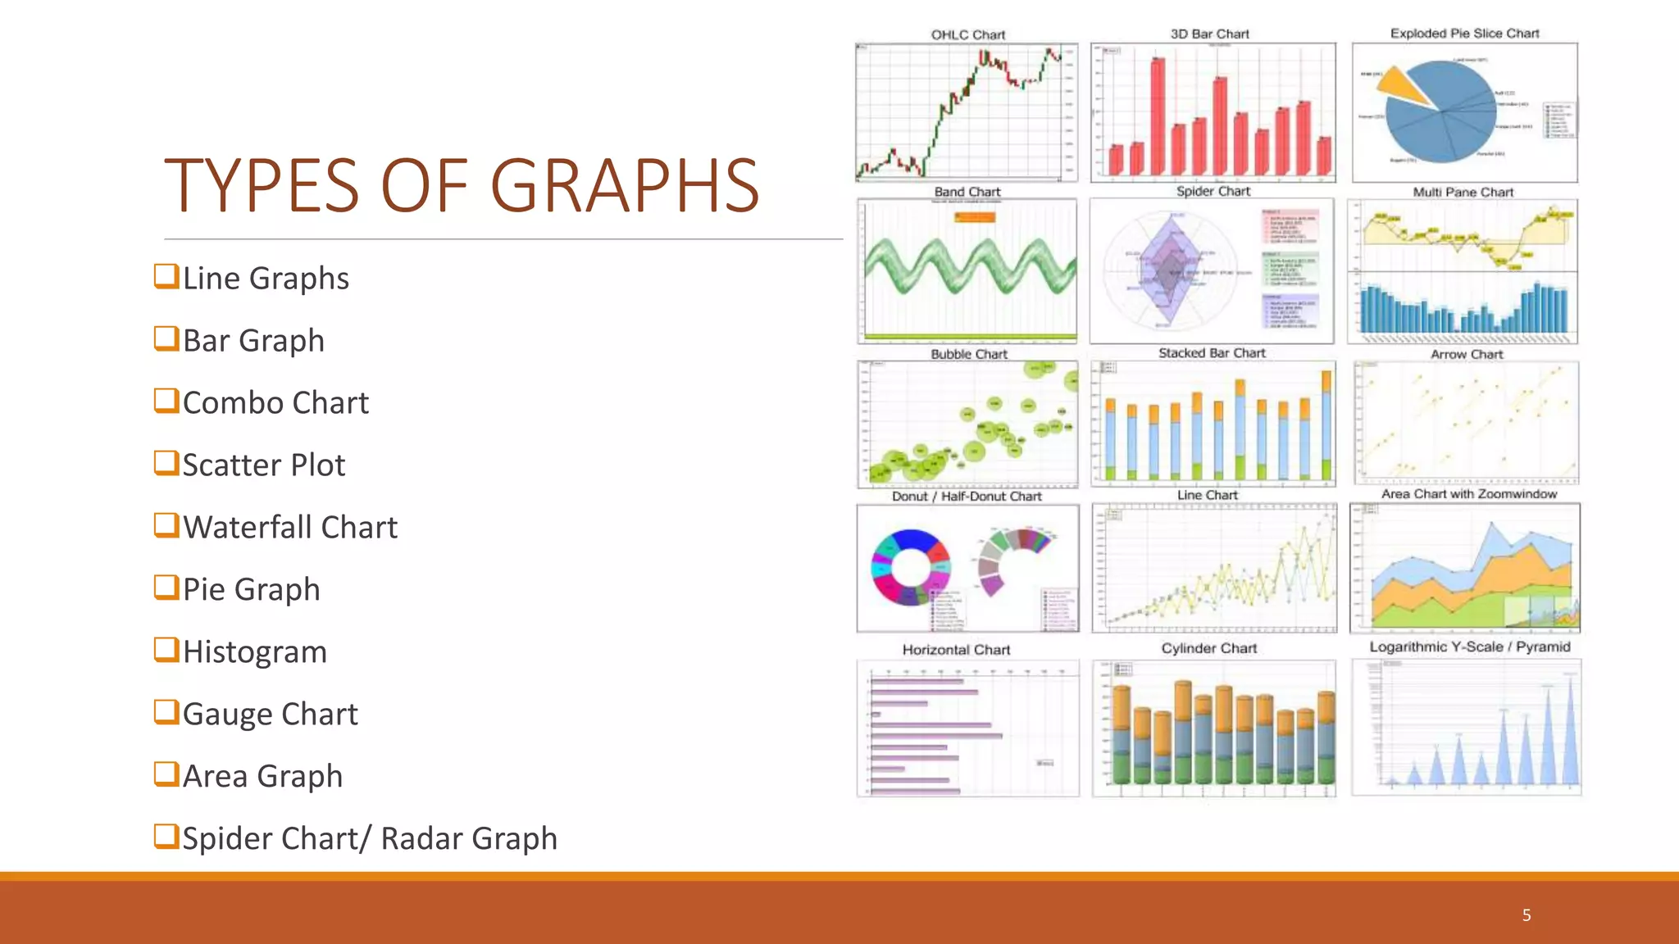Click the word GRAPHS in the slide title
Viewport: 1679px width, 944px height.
click(625, 186)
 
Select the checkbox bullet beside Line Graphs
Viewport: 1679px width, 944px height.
click(166, 276)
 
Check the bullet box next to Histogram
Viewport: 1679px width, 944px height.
click(166, 650)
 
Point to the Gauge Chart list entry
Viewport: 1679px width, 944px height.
click(270, 714)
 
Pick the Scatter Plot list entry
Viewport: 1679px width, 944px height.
click(263, 465)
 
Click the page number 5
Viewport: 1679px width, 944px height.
click(1527, 914)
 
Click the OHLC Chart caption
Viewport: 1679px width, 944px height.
click(967, 34)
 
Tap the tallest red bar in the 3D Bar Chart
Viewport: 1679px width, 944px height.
click(1158, 115)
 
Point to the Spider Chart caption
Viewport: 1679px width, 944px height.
click(1213, 191)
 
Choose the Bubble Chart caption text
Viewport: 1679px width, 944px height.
click(968, 354)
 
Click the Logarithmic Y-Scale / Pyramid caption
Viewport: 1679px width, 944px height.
click(1469, 647)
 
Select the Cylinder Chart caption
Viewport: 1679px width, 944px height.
click(1208, 648)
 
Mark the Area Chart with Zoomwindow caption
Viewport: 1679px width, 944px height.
click(1468, 494)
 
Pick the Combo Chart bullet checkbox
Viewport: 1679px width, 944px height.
click(166, 401)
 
